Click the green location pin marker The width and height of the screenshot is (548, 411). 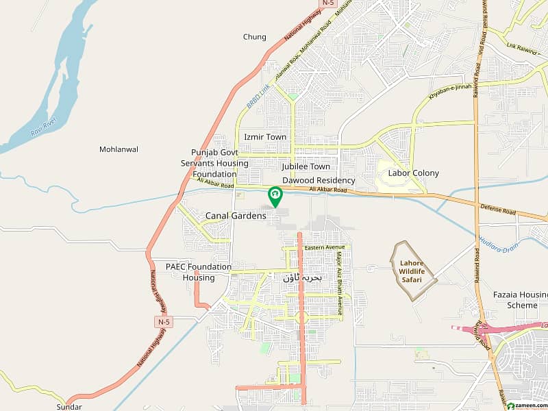pos(275,196)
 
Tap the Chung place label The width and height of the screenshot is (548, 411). pos(254,37)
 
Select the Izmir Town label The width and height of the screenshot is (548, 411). pos(265,137)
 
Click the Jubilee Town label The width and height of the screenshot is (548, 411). pos(306,166)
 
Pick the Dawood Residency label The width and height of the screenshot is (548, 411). pos(319,180)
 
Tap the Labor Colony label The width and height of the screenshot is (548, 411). pos(414,173)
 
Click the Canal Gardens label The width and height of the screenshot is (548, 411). pos(236,216)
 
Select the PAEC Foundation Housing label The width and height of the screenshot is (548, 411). pos(199,272)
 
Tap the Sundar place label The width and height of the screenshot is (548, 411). pos(69,406)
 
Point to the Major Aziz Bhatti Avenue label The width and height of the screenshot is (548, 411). pos(339,274)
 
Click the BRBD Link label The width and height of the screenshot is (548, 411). pos(258,97)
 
